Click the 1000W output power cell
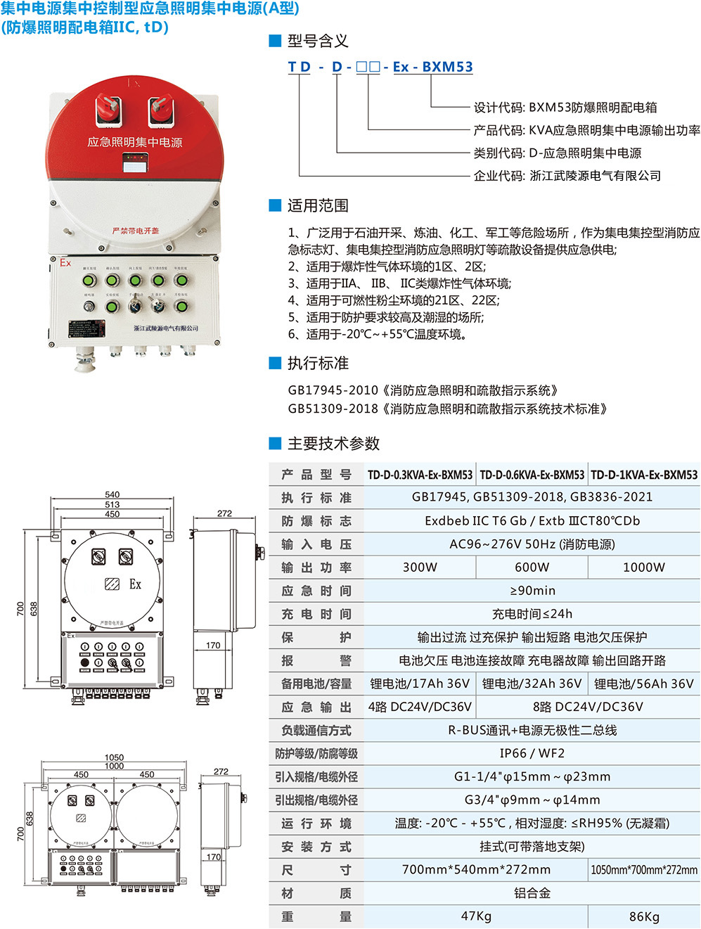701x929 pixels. pyautogui.click(x=643, y=567)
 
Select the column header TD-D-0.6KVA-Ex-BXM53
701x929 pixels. pyautogui.click(x=532, y=475)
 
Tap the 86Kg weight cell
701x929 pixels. pyautogui.click(x=643, y=916)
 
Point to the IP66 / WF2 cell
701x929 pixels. pyautogui.click(x=532, y=753)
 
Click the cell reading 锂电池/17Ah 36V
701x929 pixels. pyautogui.click(x=420, y=684)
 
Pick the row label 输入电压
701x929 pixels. pyautogui.click(x=316, y=544)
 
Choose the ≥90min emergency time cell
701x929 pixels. pyautogui.click(x=532, y=590)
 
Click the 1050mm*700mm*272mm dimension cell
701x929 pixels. pyautogui.click(x=643, y=870)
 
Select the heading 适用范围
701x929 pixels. pyautogui.click(x=318, y=205)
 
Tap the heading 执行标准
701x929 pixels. pyautogui.click(x=318, y=363)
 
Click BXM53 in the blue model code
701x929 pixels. pyautogui.click(x=447, y=67)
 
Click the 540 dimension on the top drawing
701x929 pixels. pyautogui.click(x=112, y=494)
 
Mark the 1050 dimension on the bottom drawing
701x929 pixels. pyautogui.click(x=114, y=757)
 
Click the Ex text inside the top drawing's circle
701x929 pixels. pyautogui.click(x=136, y=584)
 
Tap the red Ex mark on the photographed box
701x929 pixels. pyautogui.click(x=65, y=263)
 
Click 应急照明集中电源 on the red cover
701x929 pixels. pyautogui.click(x=134, y=142)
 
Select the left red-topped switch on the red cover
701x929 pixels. pyautogui.click(x=108, y=108)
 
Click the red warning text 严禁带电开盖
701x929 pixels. pyautogui.click(x=135, y=231)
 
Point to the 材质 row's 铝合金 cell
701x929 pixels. pyautogui.click(x=532, y=893)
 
